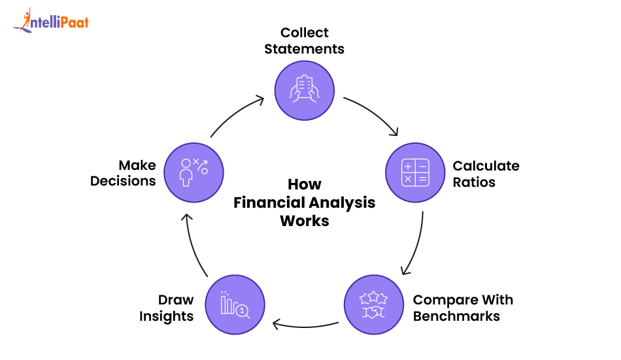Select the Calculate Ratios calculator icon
(x=416, y=172)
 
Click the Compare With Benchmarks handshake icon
(x=374, y=305)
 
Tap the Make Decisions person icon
(x=193, y=172)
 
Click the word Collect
(x=305, y=33)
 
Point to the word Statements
(x=305, y=49)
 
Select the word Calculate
(x=486, y=166)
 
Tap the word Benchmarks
(x=456, y=317)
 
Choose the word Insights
(x=167, y=317)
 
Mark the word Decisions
(x=123, y=181)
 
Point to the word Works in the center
(x=305, y=221)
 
